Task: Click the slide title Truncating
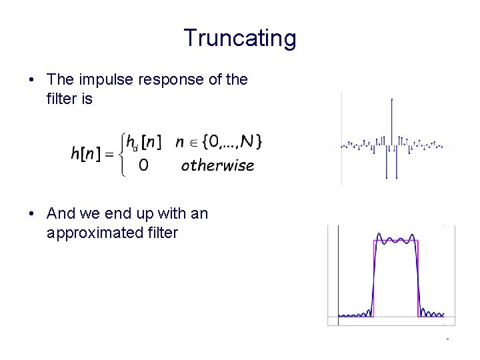coord(239,38)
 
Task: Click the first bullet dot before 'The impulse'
coord(32,81)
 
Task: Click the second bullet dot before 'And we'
coord(32,214)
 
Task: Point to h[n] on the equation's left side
coord(85,153)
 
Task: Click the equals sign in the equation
coord(109,153)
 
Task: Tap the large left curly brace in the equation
coord(124,153)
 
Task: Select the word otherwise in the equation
coord(217,165)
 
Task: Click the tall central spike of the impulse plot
coord(391,120)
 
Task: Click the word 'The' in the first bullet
coord(61,80)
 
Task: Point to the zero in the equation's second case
coord(143,165)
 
